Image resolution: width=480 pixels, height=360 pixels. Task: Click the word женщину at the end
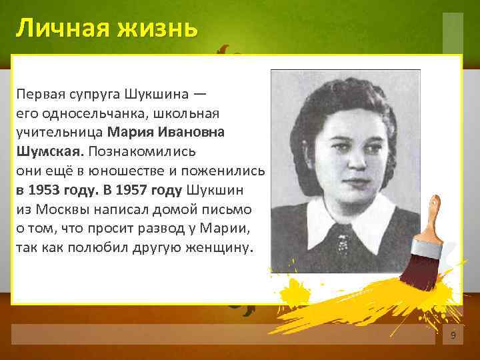(222, 247)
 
